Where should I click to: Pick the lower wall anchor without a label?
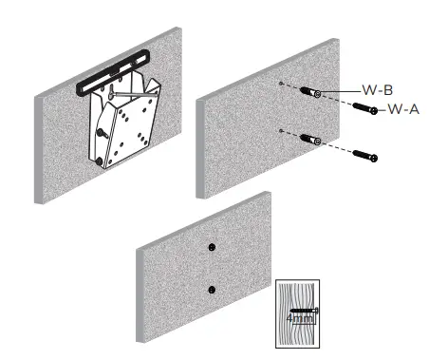tap(308, 140)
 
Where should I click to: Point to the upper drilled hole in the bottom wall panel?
tap(213, 246)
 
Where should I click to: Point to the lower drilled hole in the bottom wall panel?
tap(213, 290)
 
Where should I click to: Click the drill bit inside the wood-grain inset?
tap(302, 311)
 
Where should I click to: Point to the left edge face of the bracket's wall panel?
tap(39, 148)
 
